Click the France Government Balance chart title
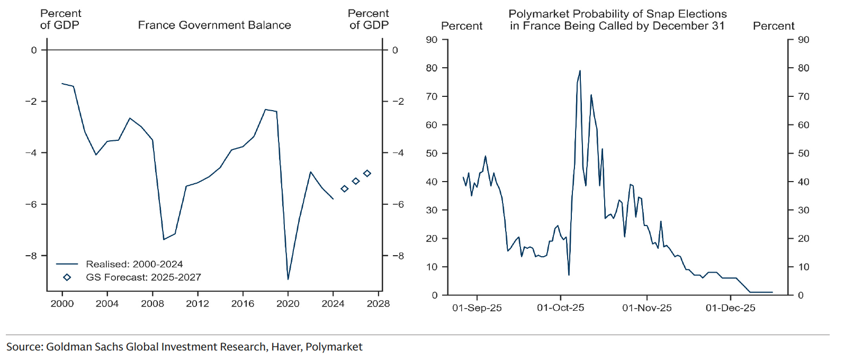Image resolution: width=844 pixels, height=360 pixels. (x=214, y=25)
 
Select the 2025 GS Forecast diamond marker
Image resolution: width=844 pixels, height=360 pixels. (x=344, y=188)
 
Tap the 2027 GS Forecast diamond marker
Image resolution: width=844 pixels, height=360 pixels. (x=367, y=173)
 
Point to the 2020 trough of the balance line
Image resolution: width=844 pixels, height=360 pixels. (x=288, y=279)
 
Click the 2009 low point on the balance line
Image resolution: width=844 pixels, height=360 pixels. (x=164, y=239)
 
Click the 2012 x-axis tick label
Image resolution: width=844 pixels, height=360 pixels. (x=197, y=303)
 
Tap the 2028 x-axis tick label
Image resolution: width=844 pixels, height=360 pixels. (x=378, y=303)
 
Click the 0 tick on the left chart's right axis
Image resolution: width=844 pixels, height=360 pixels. (x=395, y=50)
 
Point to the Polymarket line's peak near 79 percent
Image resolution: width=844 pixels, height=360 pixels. (x=580, y=70)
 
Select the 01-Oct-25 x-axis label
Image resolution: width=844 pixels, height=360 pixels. (x=560, y=308)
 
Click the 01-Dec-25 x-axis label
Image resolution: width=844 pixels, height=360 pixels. (x=730, y=308)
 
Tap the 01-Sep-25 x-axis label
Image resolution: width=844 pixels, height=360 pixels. (x=477, y=308)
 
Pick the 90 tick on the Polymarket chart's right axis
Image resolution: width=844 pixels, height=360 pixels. (x=803, y=40)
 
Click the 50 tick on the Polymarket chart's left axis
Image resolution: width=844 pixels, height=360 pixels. (x=432, y=154)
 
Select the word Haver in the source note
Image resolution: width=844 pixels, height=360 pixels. (x=285, y=347)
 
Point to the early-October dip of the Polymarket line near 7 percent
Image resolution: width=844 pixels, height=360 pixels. (x=569, y=275)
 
